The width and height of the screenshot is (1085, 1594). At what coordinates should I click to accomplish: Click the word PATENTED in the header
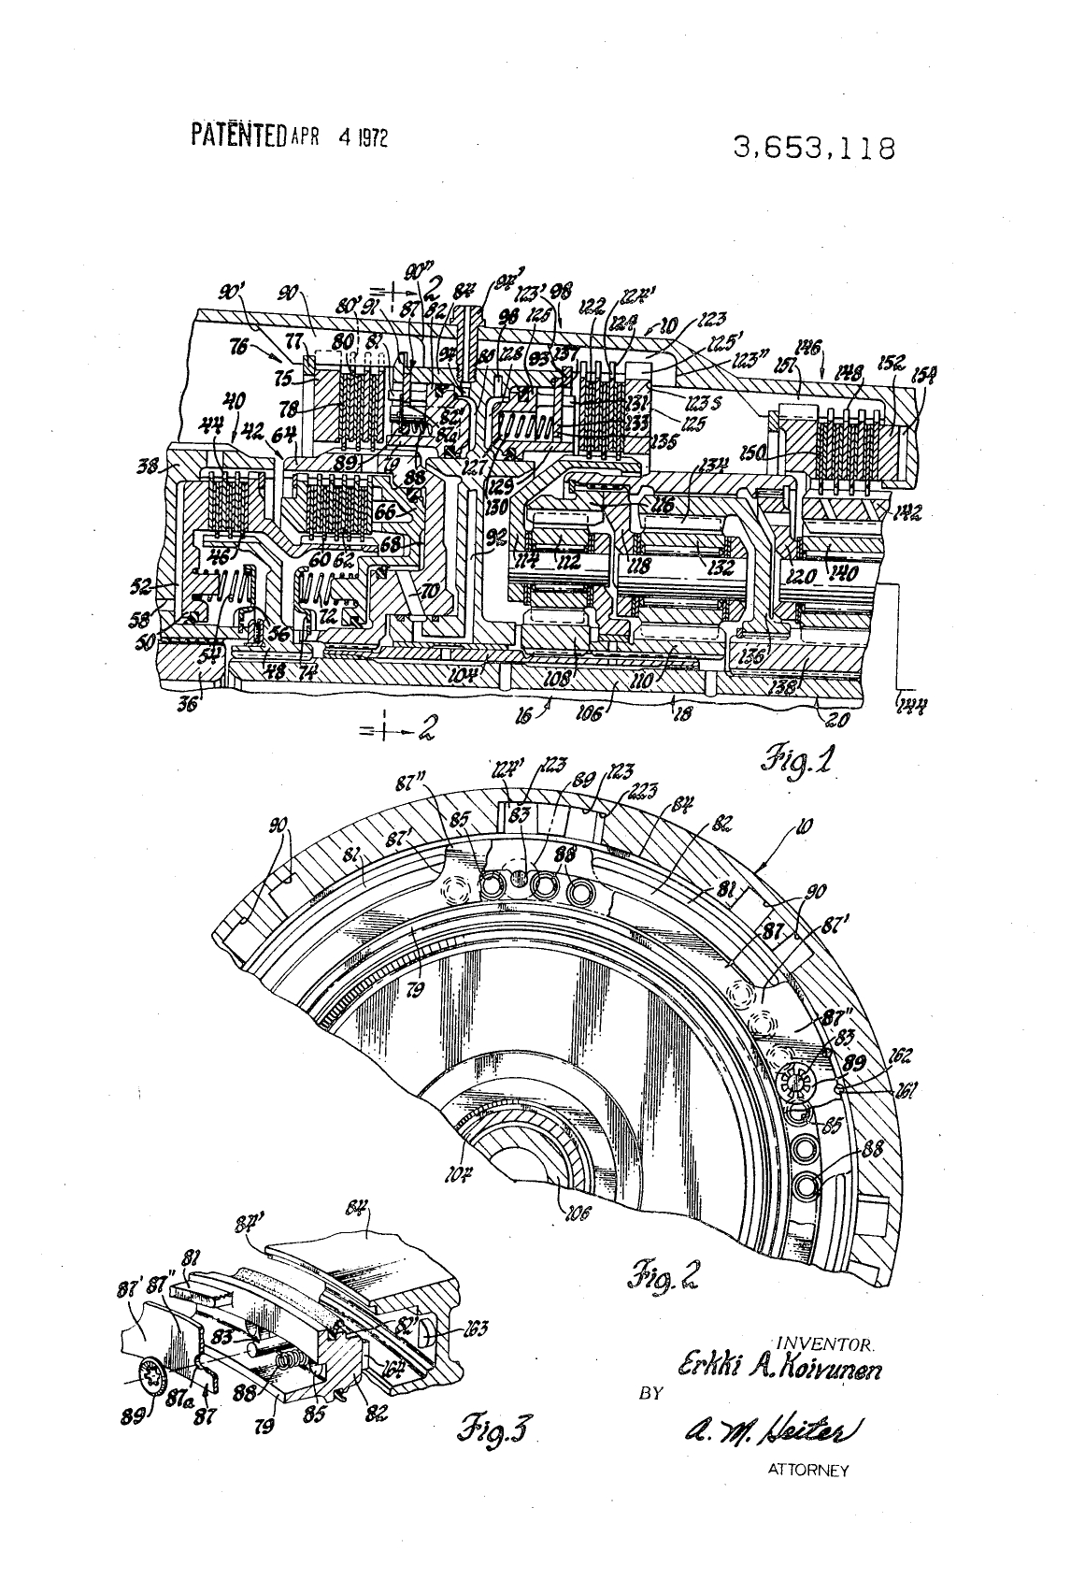click(x=238, y=135)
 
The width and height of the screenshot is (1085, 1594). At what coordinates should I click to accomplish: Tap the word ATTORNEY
click(x=807, y=1471)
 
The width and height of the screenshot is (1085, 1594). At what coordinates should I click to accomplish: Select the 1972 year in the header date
click(x=371, y=136)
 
